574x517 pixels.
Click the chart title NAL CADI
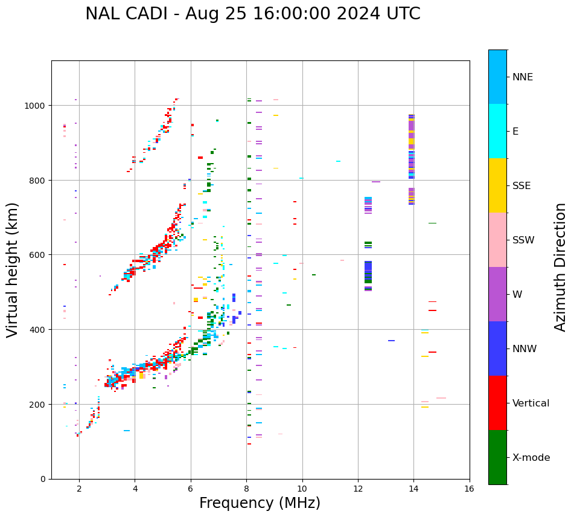252,14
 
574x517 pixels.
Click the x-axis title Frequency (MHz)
260,503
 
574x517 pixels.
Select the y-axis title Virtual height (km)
13,269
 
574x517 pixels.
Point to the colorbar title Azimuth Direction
561,267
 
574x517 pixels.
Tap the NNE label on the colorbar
523,77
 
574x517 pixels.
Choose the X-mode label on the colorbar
531,457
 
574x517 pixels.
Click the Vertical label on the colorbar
531,403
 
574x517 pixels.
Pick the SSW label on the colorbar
523,240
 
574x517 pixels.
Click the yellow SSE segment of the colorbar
497,185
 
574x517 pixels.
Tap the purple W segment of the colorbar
497,294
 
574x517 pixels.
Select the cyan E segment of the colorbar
497,131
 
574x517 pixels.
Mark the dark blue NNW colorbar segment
497,348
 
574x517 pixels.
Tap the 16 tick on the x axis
470,489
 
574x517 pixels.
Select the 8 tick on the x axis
246,489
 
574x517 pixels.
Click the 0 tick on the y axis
43,479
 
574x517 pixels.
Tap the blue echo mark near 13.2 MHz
392,341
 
